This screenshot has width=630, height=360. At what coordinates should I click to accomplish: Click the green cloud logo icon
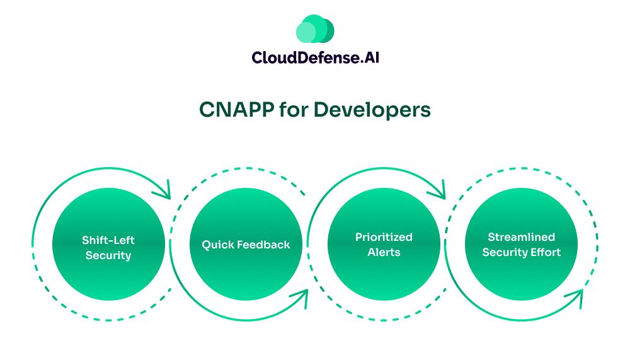314,29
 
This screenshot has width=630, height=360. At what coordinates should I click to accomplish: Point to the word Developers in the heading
372,109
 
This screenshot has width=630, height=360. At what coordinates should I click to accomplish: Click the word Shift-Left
108,240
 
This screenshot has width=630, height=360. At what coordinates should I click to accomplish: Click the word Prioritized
384,237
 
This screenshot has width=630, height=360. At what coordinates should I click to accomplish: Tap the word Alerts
384,252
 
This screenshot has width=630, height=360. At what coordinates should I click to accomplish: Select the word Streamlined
521,237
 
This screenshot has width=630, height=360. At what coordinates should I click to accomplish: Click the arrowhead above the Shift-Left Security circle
166,190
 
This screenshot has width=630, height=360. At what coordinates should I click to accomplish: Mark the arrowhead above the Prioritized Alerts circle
440,189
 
